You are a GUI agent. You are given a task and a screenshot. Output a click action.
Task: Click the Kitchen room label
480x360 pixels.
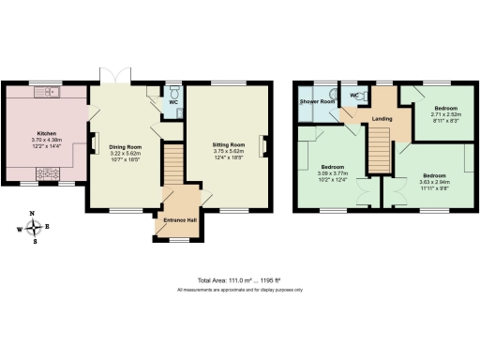(x=46, y=134)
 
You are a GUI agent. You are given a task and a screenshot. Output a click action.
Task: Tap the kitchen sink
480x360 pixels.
(x=47, y=93)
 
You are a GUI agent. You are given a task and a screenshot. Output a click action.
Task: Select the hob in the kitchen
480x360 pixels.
(x=48, y=173)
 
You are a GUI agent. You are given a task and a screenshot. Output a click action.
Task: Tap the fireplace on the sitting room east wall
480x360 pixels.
(x=266, y=145)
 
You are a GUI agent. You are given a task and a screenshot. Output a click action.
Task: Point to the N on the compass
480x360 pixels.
(x=34, y=215)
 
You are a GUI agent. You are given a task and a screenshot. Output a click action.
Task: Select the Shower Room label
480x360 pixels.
(x=317, y=101)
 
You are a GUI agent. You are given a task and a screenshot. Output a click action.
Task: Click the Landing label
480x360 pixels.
(x=382, y=119)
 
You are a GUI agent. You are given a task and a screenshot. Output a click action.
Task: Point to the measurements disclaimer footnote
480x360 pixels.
(x=240, y=290)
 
